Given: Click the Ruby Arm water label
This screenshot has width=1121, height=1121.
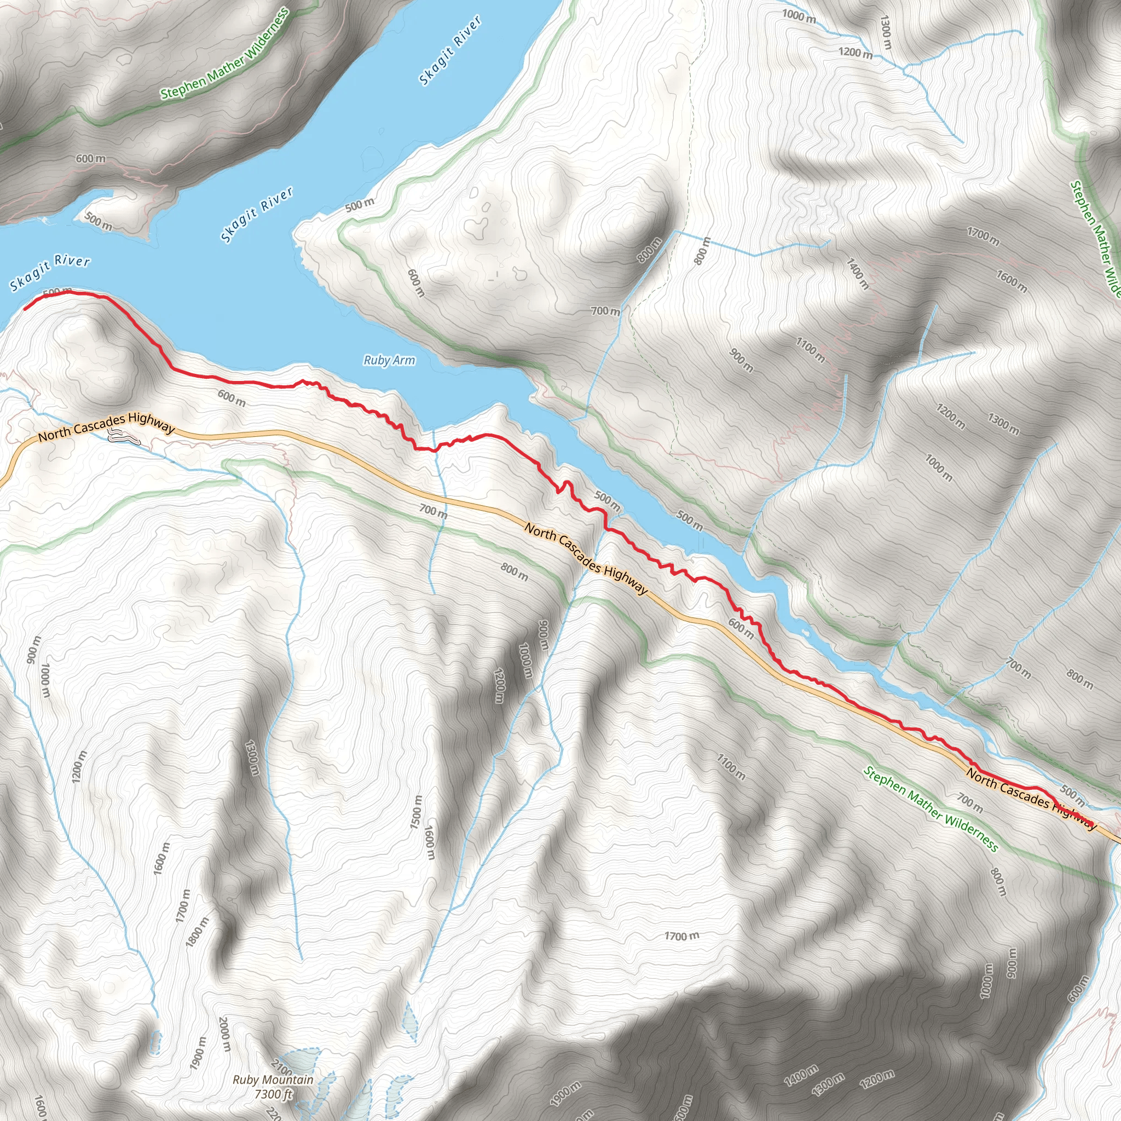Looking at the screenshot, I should pyautogui.click(x=389, y=360).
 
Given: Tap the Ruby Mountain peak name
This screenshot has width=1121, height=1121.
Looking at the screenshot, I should pyautogui.click(x=273, y=1080).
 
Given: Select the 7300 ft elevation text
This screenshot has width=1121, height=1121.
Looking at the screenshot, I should pyautogui.click(x=273, y=1094).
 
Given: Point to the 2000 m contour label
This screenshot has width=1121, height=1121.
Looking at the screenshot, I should pyautogui.click(x=225, y=1034).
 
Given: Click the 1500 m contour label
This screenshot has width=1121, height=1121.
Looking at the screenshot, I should pyautogui.click(x=416, y=812).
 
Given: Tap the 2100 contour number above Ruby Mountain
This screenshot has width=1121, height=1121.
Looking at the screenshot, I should pyautogui.click(x=281, y=1067).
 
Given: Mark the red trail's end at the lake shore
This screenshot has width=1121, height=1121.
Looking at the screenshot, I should pyautogui.click(x=26, y=309).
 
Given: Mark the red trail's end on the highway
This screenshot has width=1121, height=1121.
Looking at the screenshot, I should pyautogui.click(x=1092, y=824).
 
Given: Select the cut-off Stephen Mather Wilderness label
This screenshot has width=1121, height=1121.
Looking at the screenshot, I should pyautogui.click(x=1095, y=238).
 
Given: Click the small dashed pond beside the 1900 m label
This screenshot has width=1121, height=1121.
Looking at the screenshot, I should pyautogui.click(x=155, y=1042).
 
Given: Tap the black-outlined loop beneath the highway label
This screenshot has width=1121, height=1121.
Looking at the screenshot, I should pyautogui.click(x=124, y=437).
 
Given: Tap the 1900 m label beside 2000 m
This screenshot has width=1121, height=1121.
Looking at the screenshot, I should pyautogui.click(x=198, y=1053).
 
